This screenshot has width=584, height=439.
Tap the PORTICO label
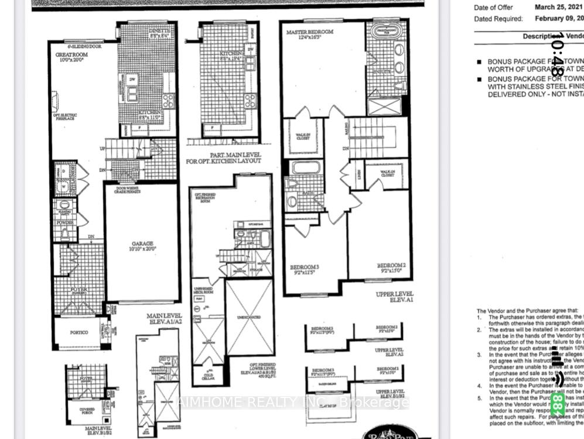tap(78, 332)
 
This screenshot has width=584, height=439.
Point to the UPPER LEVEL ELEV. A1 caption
tap(394, 297)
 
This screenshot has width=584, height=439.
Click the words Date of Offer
tap(493, 8)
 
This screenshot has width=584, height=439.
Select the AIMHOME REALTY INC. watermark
tap(293, 402)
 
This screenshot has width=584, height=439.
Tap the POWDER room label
tap(65, 223)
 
